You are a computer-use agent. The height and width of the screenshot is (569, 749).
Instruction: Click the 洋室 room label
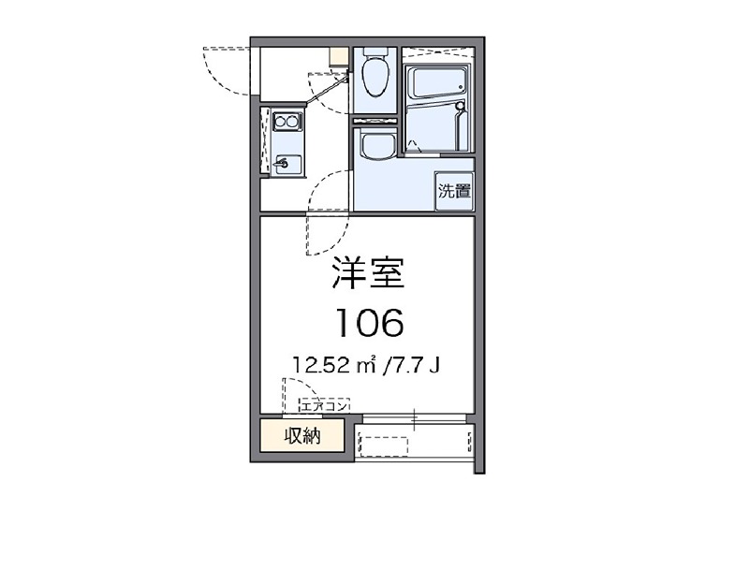(x=368, y=273)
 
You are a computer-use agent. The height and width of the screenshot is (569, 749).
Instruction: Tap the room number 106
(x=370, y=323)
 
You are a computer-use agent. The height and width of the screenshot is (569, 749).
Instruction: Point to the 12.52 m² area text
(x=334, y=366)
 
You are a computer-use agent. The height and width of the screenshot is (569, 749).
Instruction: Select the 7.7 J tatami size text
(x=412, y=366)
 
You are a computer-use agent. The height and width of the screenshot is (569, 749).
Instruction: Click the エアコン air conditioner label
(x=324, y=406)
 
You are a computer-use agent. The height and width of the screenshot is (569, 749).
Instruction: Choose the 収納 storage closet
(x=301, y=435)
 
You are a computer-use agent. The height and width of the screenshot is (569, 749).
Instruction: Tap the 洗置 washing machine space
(x=454, y=191)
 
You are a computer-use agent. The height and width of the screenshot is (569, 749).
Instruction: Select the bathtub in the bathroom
(x=438, y=83)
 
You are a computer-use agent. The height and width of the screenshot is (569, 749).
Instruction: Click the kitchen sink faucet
(x=281, y=164)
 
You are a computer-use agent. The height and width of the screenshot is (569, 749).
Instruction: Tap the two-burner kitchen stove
(x=287, y=122)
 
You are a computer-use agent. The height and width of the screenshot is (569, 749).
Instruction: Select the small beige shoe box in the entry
(x=339, y=56)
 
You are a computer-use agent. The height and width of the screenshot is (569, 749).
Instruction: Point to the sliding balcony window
(x=414, y=418)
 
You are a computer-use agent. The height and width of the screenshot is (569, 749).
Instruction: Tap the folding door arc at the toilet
(x=329, y=94)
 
